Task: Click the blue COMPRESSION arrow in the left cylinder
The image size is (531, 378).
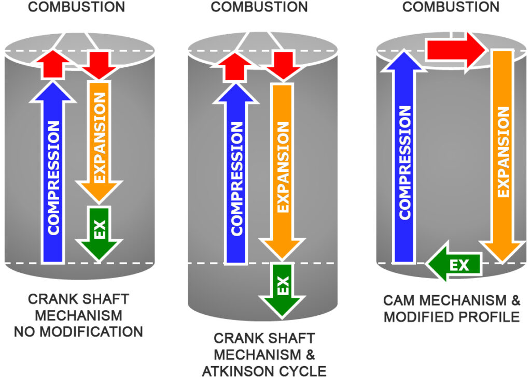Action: pyautogui.click(x=53, y=176)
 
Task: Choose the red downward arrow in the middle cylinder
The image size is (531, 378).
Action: pyautogui.click(x=282, y=65)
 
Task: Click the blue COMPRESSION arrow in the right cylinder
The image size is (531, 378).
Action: pyautogui.click(x=404, y=161)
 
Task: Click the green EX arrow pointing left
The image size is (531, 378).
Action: pyautogui.click(x=454, y=265)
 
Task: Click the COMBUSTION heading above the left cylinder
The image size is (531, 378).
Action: pyautogui.click(x=76, y=7)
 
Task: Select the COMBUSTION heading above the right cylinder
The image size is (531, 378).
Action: pyautogui.click(x=451, y=7)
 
